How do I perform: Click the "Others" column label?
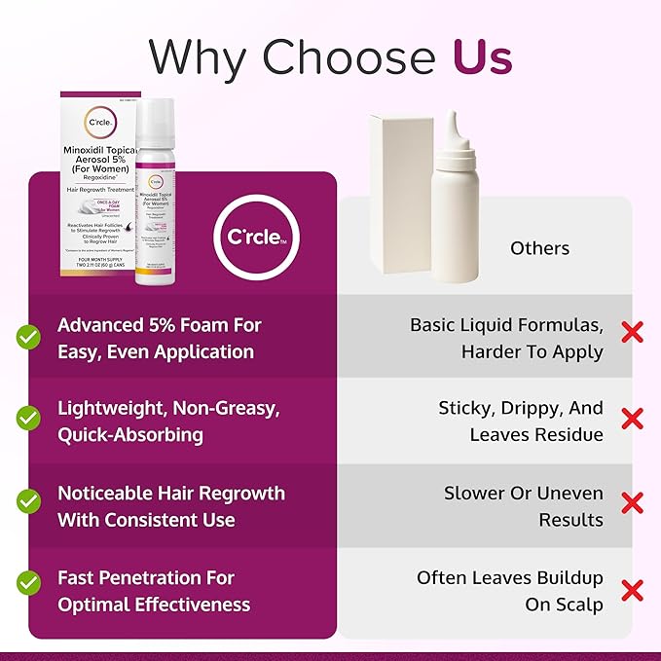coord(539,248)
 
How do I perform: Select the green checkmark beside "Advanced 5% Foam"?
coord(28,338)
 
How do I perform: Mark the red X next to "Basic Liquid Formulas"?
coord(632,333)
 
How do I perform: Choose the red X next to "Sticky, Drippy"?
coord(632,419)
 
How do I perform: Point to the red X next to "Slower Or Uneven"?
coord(632,503)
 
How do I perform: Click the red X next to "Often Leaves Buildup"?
coord(632,589)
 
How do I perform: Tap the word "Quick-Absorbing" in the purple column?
coord(129,434)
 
